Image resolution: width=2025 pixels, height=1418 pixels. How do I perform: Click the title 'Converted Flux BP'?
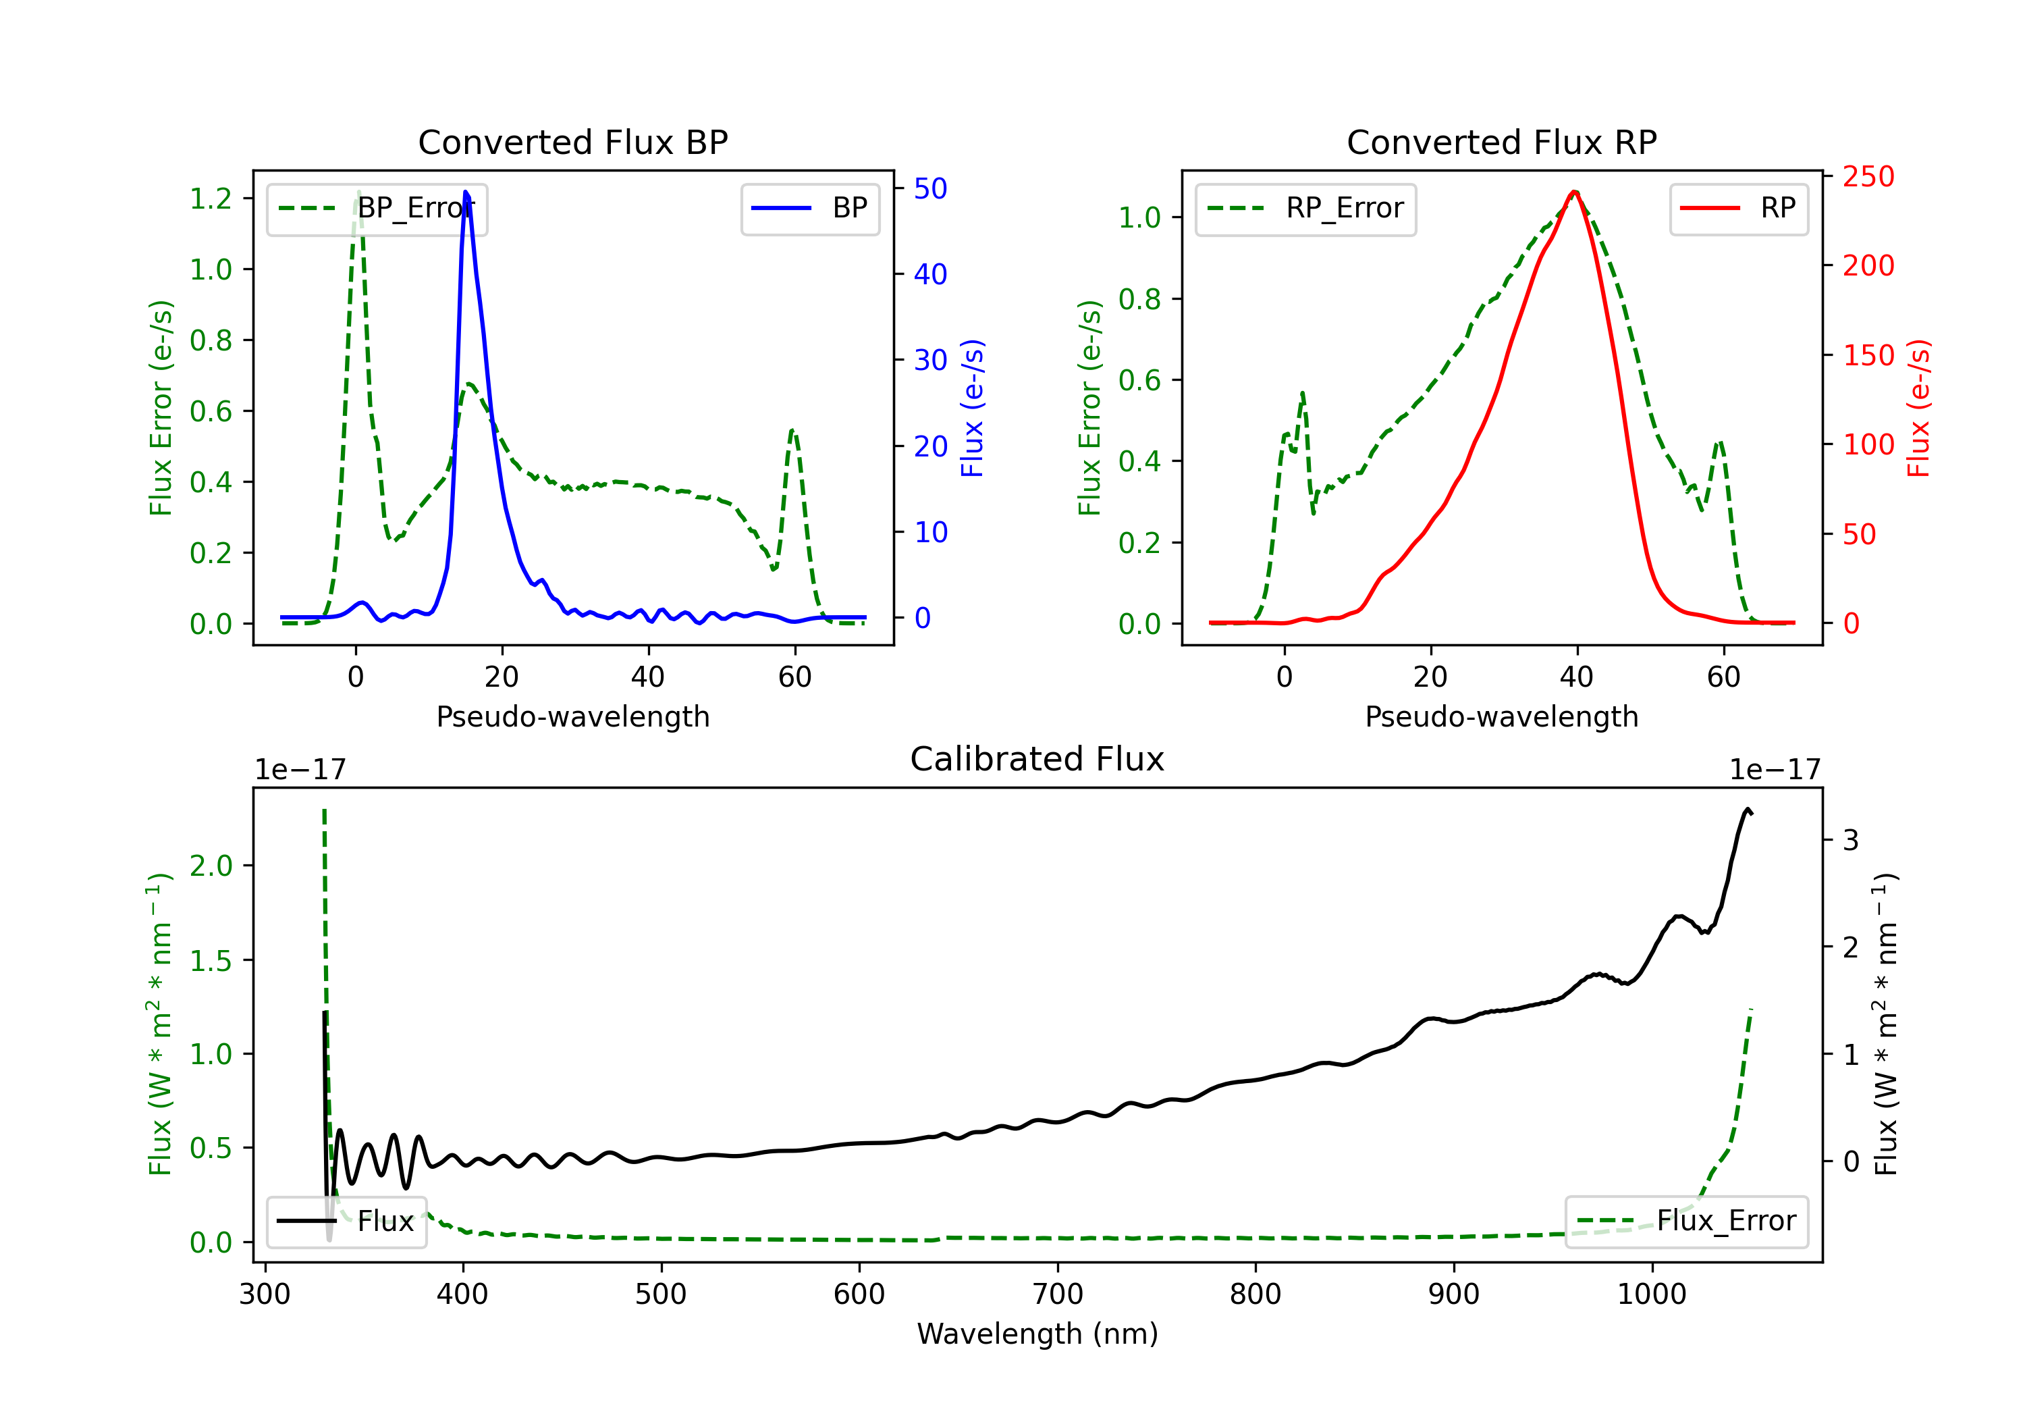click(572, 142)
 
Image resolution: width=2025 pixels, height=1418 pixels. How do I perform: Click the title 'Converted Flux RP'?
click(1501, 142)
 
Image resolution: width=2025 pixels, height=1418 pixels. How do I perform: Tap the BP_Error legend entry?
click(377, 208)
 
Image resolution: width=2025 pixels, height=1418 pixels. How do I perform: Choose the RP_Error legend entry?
click(1305, 208)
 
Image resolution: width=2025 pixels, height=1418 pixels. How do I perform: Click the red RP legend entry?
click(1738, 208)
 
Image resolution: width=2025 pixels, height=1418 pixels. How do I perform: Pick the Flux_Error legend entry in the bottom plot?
click(1686, 1222)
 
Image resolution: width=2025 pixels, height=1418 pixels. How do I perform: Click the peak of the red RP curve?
click(1574, 192)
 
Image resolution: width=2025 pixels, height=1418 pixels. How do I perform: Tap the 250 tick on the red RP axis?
click(1868, 176)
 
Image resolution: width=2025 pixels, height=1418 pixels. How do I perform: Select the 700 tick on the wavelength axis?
click(1058, 1294)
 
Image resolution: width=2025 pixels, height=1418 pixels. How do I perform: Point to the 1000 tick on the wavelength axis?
click(1651, 1294)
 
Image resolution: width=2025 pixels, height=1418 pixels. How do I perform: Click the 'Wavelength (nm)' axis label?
click(1037, 1334)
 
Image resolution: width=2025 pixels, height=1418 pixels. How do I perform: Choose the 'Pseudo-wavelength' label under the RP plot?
click(1501, 716)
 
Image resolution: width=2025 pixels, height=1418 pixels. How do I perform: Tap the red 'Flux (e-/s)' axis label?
click(1918, 408)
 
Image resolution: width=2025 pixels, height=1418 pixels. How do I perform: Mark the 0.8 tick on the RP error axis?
click(1139, 299)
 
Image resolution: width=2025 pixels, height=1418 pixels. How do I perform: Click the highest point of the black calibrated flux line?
click(1747, 808)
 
